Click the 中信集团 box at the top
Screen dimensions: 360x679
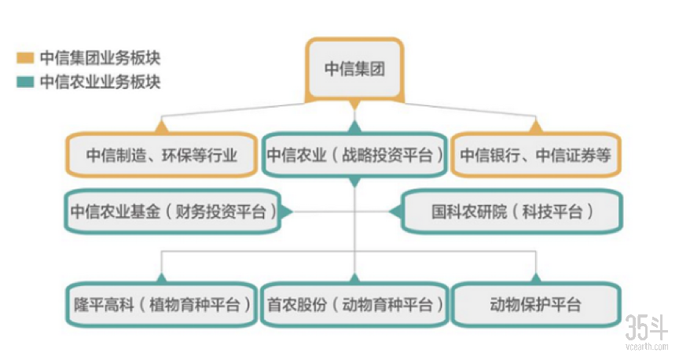(354, 68)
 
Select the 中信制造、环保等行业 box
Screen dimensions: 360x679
(162, 154)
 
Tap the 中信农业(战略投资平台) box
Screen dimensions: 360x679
(354, 154)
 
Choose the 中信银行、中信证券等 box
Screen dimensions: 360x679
(535, 154)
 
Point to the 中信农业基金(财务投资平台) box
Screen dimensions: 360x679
(173, 211)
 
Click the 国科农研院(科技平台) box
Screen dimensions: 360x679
(512, 211)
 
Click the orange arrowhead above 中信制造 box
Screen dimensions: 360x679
(162, 125)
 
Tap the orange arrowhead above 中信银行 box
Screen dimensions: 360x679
(535, 125)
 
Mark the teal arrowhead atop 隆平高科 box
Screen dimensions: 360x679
(162, 277)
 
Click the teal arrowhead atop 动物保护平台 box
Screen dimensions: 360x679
(535, 277)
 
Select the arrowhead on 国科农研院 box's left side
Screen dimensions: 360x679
(395, 211)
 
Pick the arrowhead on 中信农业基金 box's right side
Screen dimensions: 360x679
(287, 211)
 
